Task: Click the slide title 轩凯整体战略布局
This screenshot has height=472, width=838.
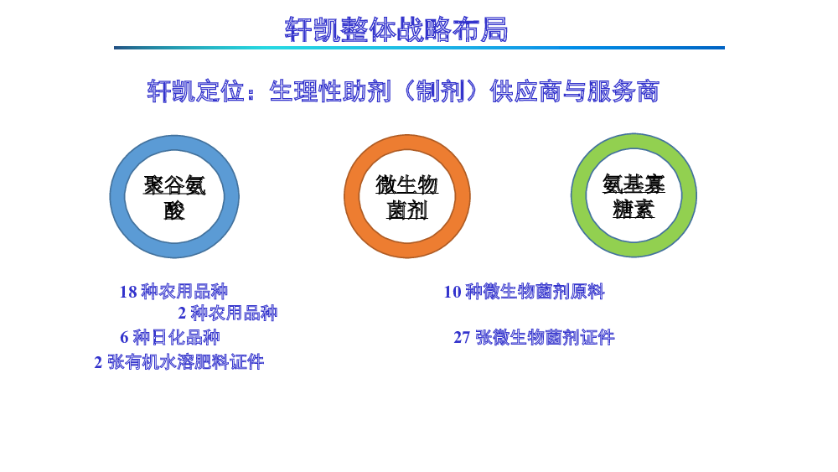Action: coord(396,29)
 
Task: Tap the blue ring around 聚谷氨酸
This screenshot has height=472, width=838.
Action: coord(117,197)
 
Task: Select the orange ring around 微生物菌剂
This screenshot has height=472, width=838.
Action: coord(352,197)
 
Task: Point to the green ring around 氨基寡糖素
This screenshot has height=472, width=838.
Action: coord(579,195)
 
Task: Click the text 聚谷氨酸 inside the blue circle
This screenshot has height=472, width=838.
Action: coord(174,197)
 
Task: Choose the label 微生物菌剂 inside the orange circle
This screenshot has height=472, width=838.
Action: coord(406,197)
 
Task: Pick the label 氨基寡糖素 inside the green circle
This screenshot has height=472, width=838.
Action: coord(634,196)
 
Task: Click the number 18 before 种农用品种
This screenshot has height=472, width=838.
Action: coord(128,292)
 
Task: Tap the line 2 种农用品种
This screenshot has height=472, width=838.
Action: coord(228,313)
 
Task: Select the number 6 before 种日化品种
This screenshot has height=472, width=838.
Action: coord(124,337)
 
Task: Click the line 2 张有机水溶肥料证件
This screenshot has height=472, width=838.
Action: coord(179,362)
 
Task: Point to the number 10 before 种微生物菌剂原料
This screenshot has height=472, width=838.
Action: coord(453,292)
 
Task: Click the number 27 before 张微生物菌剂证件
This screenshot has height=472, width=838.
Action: coord(462,337)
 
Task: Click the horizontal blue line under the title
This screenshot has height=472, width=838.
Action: coord(419,48)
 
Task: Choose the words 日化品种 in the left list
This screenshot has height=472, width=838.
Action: coord(186,337)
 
